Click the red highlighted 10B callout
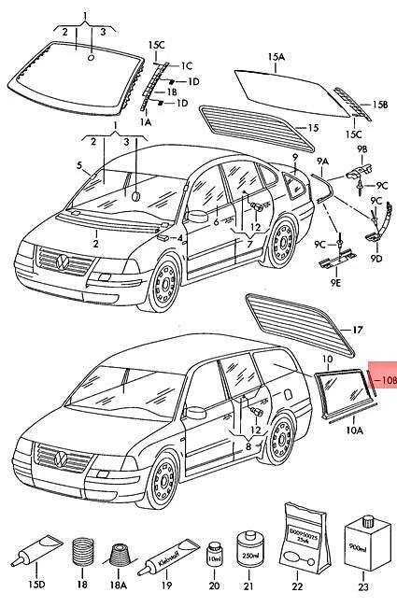point(384,380)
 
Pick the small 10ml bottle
point(214,555)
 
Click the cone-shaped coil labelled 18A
point(119,555)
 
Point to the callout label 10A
point(355,431)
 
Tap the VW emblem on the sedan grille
point(63,261)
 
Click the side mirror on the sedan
point(197,216)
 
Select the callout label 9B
point(362,148)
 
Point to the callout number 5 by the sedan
point(80,168)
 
